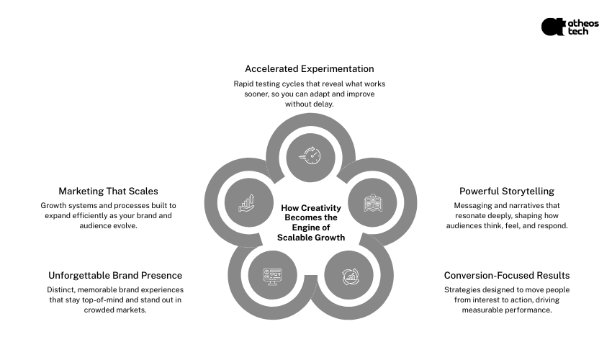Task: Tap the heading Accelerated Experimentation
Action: click(x=310, y=69)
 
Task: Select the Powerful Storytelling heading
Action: click(x=507, y=192)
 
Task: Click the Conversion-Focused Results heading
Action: click(x=507, y=275)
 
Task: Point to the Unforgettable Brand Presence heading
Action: click(x=115, y=275)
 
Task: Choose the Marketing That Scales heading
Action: click(x=108, y=192)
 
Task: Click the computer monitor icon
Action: click(x=271, y=275)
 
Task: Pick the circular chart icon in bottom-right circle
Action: click(x=348, y=275)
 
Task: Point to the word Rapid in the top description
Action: click(x=246, y=84)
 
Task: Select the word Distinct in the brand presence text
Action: click(x=63, y=289)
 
